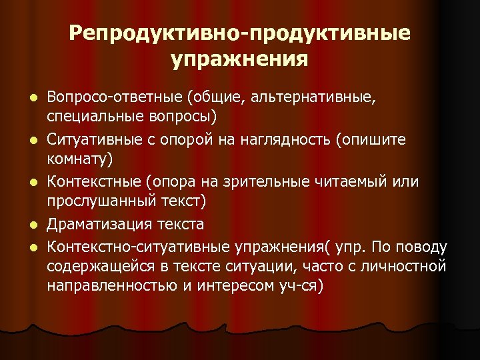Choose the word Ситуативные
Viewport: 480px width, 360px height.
click(x=90, y=141)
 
